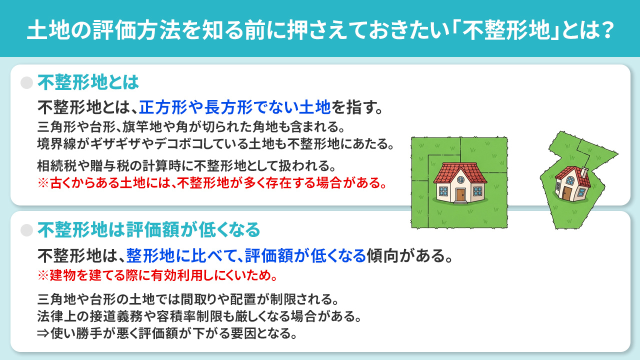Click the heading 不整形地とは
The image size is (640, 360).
pos(88,82)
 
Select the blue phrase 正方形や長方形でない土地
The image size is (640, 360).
pos(234,106)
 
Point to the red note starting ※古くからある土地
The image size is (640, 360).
pos(212,182)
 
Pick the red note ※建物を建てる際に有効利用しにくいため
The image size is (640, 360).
pos(157,275)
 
